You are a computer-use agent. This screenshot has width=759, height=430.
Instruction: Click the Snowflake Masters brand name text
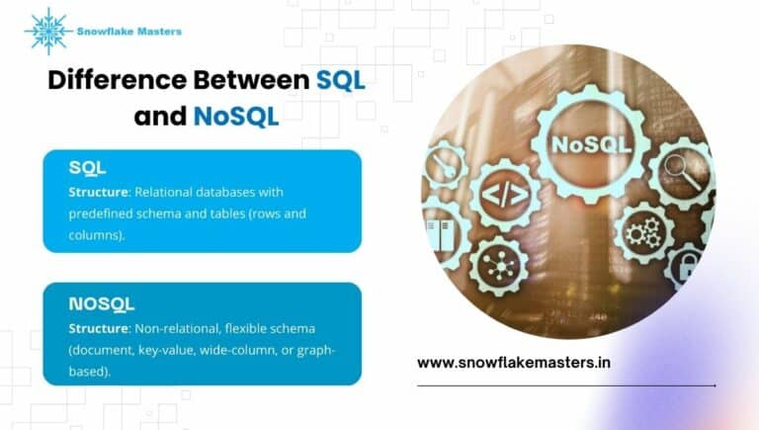[128, 32]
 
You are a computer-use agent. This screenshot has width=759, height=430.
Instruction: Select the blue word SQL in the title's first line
[341, 81]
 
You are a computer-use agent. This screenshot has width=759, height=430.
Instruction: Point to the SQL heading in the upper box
[87, 168]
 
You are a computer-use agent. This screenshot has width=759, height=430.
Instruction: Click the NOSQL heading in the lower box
[102, 303]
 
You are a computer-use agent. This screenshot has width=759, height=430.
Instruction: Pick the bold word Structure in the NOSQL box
[99, 327]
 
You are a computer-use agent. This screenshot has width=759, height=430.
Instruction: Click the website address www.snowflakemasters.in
[513, 363]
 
